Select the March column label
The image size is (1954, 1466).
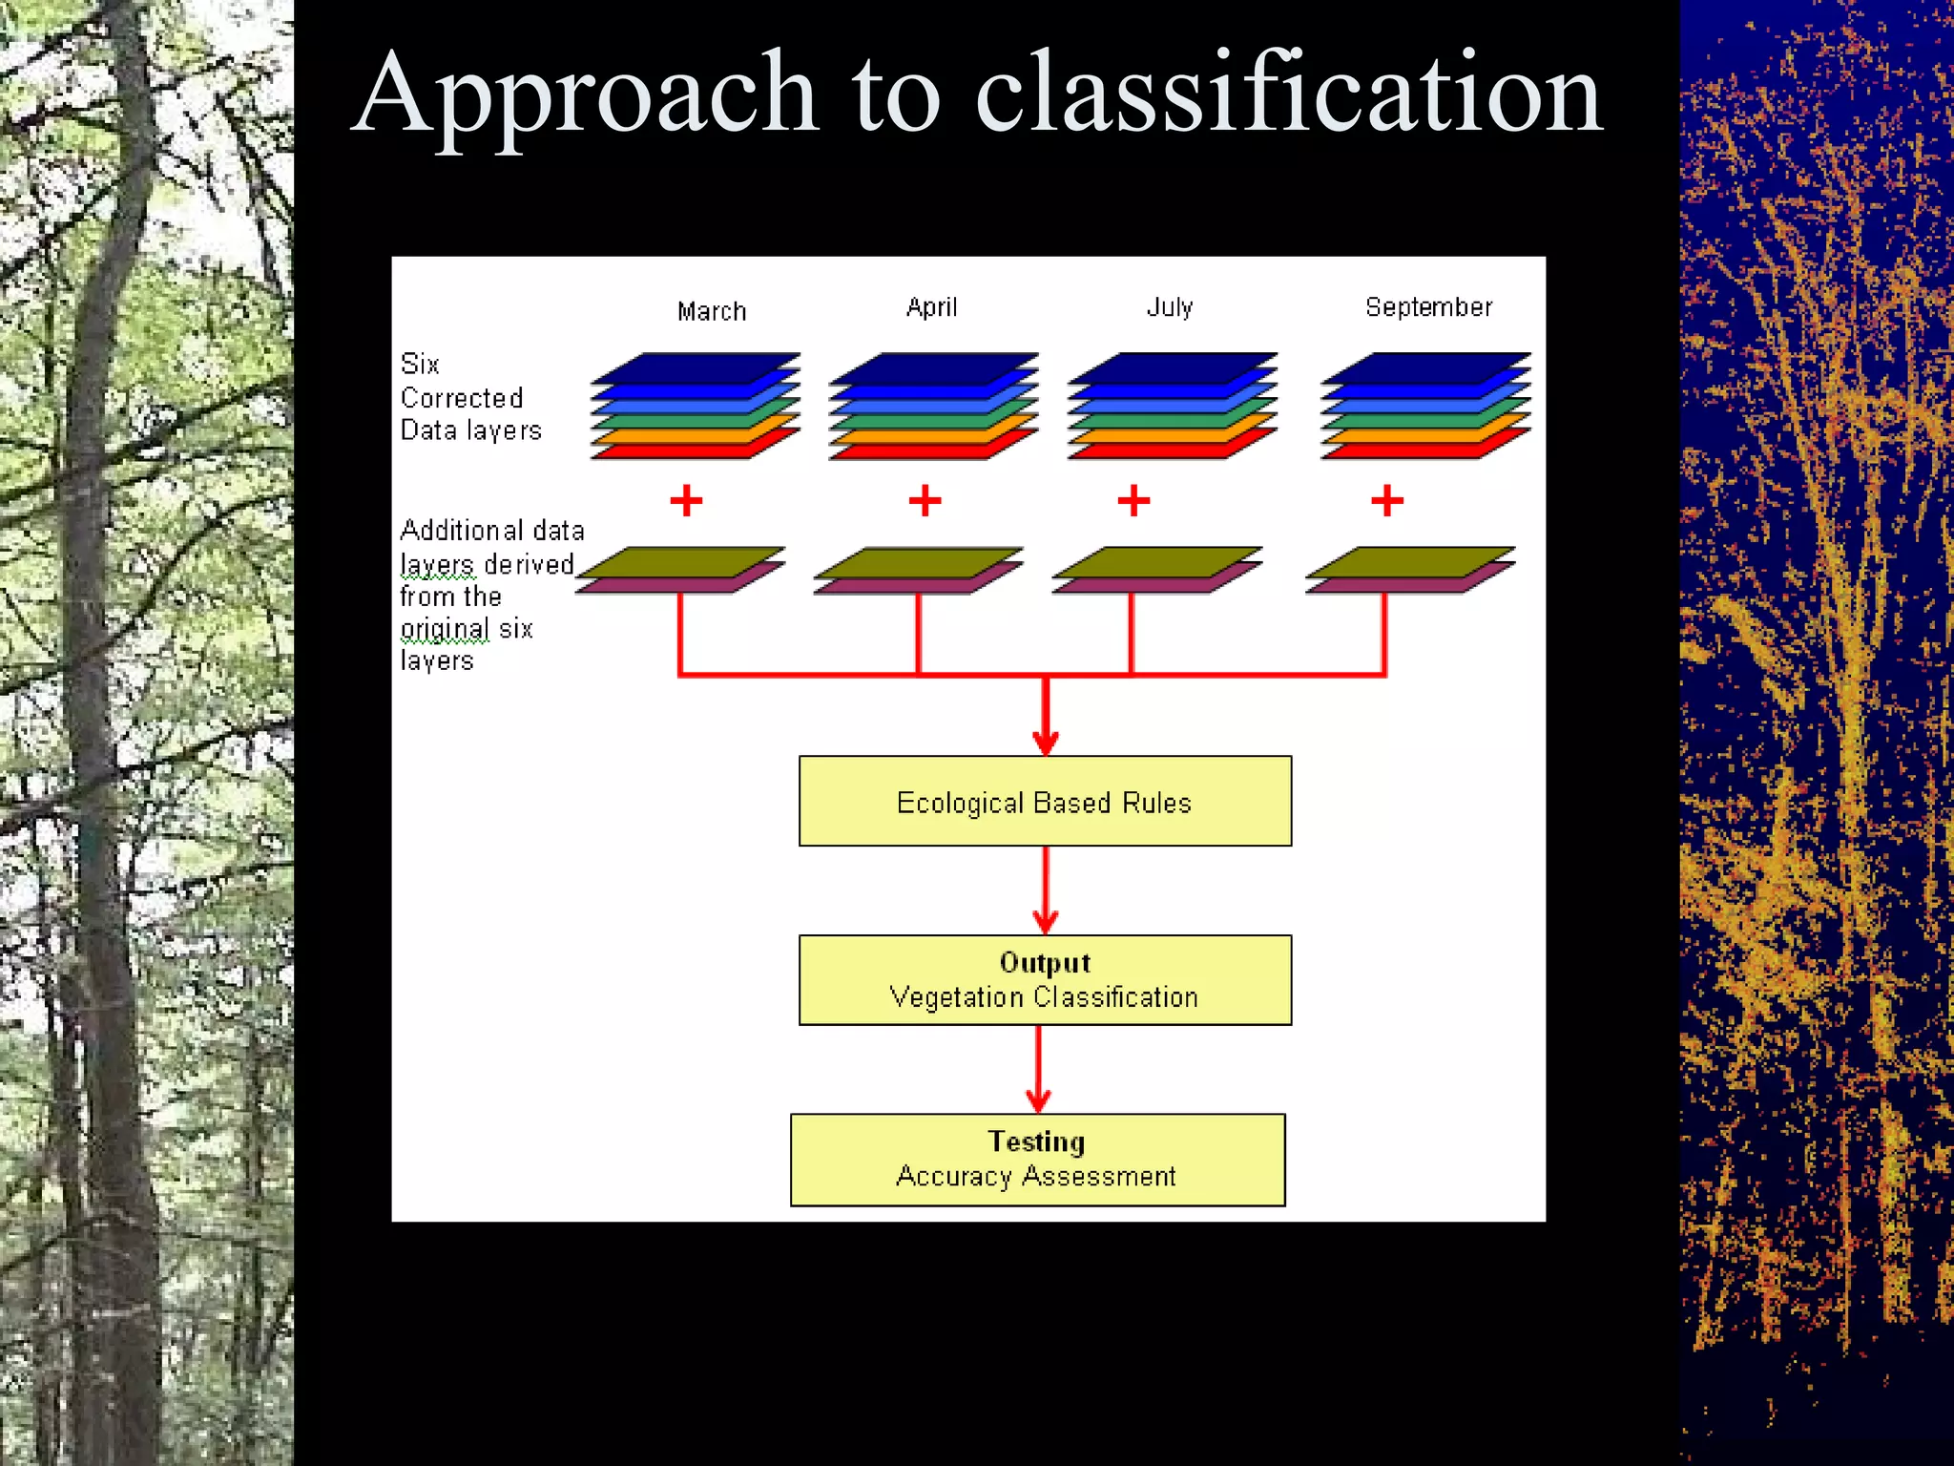[x=712, y=311]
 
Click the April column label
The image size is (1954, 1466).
[x=931, y=307]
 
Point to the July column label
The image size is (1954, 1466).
[x=1170, y=307]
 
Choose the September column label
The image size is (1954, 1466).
[x=1428, y=307]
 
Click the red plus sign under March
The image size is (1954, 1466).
[x=686, y=500]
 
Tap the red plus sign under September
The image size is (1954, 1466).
[x=1387, y=500]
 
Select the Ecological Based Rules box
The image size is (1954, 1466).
[x=1045, y=802]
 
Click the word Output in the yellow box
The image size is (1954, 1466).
[x=1045, y=962]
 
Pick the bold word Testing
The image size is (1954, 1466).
[x=1036, y=1141]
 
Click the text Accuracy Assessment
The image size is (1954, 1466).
[x=1036, y=1177]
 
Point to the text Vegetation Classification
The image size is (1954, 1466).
[x=1044, y=997]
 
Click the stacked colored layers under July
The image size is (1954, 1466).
[x=1172, y=407]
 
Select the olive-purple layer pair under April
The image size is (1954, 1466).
[x=918, y=570]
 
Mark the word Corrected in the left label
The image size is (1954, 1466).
[x=462, y=398]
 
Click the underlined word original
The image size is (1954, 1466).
[x=445, y=629]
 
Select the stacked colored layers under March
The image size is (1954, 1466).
[x=695, y=407]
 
